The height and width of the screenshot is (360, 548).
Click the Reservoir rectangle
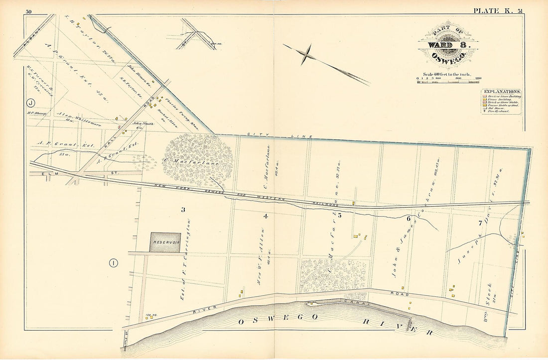pos(165,242)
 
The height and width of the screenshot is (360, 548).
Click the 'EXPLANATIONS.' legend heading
pos(501,92)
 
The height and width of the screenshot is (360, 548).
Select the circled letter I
pos(114,263)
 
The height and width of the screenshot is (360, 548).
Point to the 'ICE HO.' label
pos(148,315)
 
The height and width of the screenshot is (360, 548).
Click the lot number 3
pos(183,210)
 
